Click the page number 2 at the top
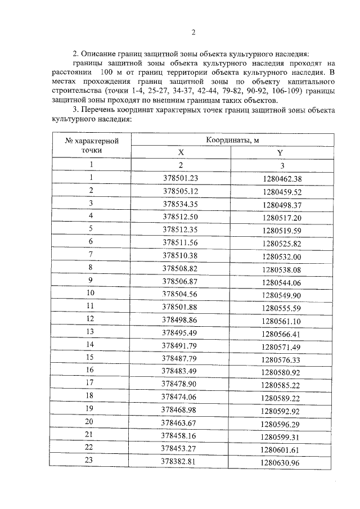coord(193,32)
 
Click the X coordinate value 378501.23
coord(181,179)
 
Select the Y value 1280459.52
coord(282,191)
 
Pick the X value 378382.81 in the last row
coord(181,462)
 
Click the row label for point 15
coord(90,358)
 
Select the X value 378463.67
coord(181,423)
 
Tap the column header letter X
coord(181,152)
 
